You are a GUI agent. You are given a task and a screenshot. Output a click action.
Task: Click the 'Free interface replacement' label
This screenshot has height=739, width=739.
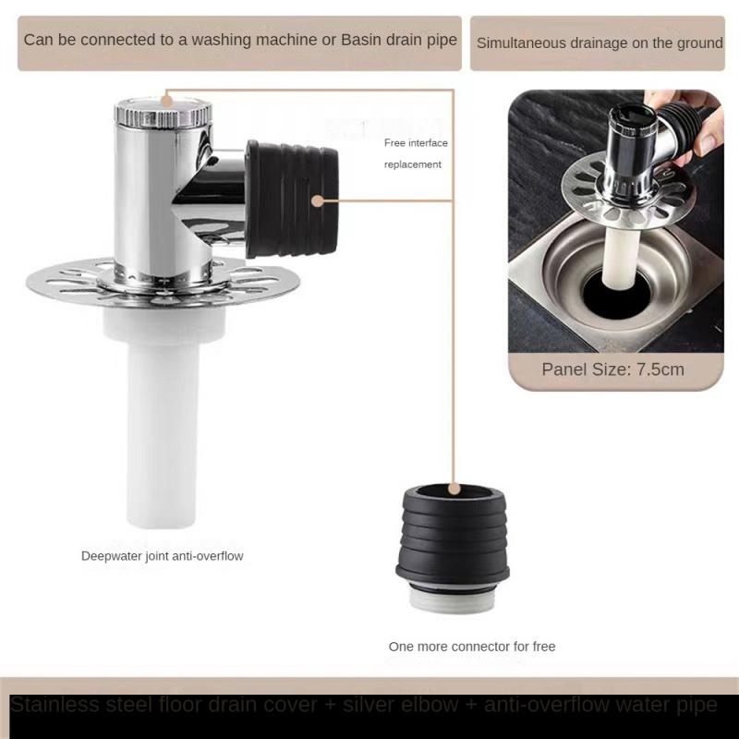pos(416,153)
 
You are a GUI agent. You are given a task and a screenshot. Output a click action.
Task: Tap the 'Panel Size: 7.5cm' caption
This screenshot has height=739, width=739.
pos(613,369)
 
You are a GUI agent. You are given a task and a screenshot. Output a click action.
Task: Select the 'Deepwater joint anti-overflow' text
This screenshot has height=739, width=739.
pos(162,556)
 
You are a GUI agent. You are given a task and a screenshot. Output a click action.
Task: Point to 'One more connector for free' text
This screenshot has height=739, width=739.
pos(472,647)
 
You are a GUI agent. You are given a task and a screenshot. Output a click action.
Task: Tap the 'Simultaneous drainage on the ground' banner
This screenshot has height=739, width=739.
pos(599,42)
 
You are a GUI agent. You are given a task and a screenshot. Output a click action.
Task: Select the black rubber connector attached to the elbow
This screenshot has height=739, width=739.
pos(290,199)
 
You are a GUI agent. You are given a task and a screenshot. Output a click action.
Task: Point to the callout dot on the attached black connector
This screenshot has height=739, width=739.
pos(317,200)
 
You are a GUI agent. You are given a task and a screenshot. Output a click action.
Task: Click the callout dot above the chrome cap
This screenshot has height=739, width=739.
pos(166,95)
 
